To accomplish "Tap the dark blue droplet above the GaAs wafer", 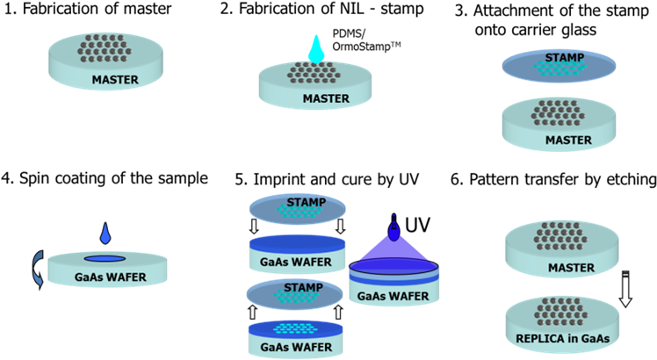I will coord(105,234).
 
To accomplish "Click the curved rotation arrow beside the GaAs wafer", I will coord(37,268).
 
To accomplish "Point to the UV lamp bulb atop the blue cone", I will coord(393,231).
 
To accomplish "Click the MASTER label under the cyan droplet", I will coord(326,98).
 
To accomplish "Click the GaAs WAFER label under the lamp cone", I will coord(393,296).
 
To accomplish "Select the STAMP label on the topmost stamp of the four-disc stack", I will coord(306,202).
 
